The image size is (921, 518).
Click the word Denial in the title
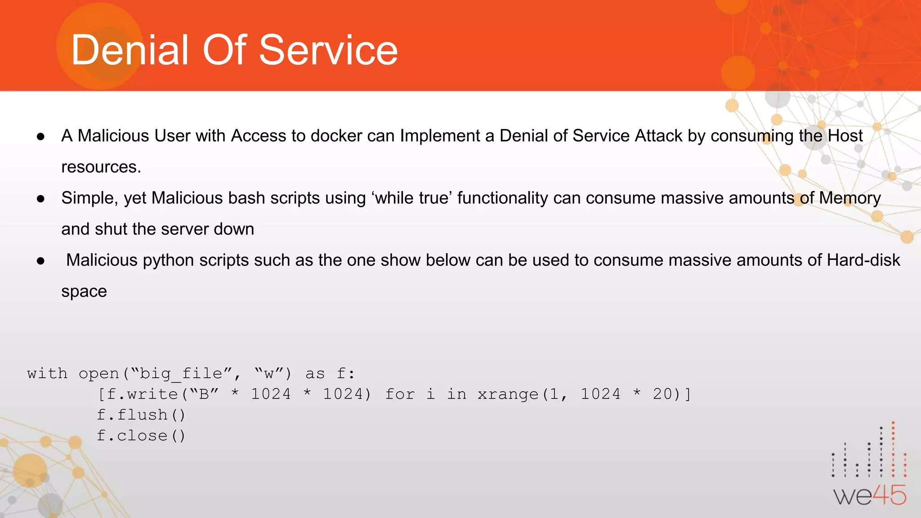(130, 50)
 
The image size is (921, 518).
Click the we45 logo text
(869, 496)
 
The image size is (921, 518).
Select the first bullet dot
(41, 136)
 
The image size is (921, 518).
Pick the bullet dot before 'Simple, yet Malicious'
(41, 198)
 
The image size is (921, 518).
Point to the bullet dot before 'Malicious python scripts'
(41, 261)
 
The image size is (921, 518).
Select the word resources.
(101, 167)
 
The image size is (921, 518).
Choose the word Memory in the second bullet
(849, 198)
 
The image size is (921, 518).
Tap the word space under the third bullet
(84, 292)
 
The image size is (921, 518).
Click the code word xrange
(508, 394)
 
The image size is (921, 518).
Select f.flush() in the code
(141, 415)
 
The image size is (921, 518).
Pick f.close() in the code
(141, 435)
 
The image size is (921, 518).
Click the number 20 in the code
(662, 394)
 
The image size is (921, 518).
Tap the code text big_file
(181, 374)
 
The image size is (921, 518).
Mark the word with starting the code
(47, 374)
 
